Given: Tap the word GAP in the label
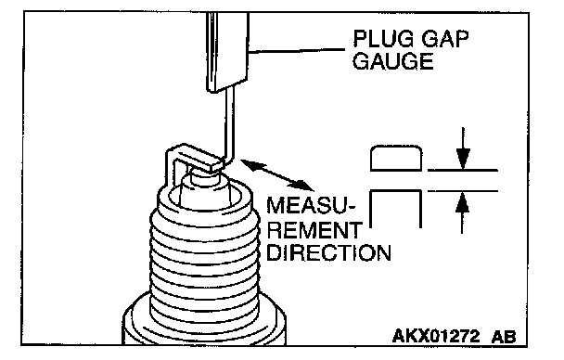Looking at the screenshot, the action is coord(445,39).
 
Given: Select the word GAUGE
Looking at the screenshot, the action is coord(392,61).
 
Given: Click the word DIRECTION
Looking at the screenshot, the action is coord(328,252).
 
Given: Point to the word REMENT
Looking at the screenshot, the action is coord(314,230).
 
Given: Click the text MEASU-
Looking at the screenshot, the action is coord(311,205).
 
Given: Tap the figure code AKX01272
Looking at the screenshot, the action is coord(436,336).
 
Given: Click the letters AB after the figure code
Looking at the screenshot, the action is coord(503,337).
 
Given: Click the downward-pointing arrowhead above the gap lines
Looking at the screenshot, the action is coord(463,159).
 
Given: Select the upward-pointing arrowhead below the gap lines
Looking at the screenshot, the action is coord(462,202).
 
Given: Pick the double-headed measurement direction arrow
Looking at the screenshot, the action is coord(276,174).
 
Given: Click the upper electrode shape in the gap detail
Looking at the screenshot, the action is coord(396,158).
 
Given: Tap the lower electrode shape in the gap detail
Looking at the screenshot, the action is coord(396,209).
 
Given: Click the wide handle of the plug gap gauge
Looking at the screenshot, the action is coord(227,52).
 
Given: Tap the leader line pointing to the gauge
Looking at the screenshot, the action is coord(296,51).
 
